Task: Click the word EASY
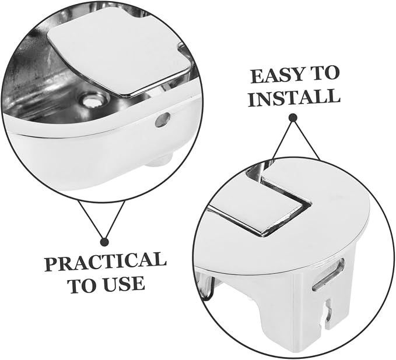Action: coord(277,75)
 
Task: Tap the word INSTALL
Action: coord(294,98)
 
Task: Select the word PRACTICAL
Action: coord(106,261)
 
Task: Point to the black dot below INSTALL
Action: coord(293,118)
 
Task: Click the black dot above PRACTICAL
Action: coord(104,242)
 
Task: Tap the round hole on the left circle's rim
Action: coord(163,119)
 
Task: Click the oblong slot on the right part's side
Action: coord(328,274)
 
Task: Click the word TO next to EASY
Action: coord(325,73)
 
